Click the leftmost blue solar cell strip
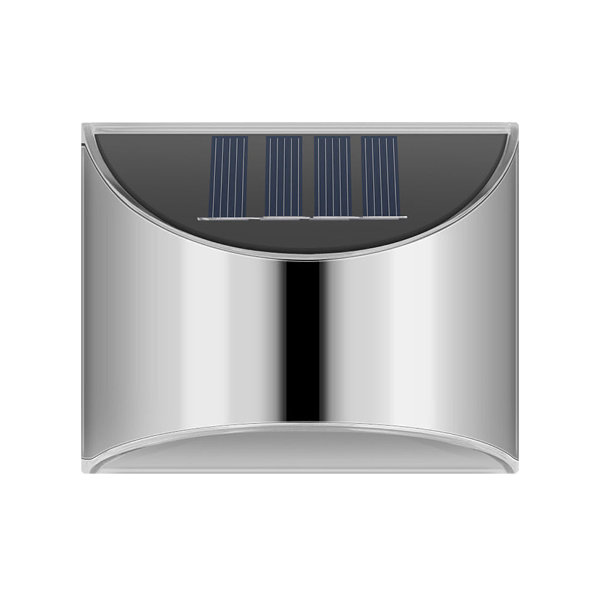229,176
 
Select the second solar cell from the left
283,176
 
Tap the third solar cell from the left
333,176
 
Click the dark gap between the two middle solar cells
308,176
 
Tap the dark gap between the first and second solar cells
256,176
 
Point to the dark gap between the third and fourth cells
356,176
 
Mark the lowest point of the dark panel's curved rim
301,257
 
